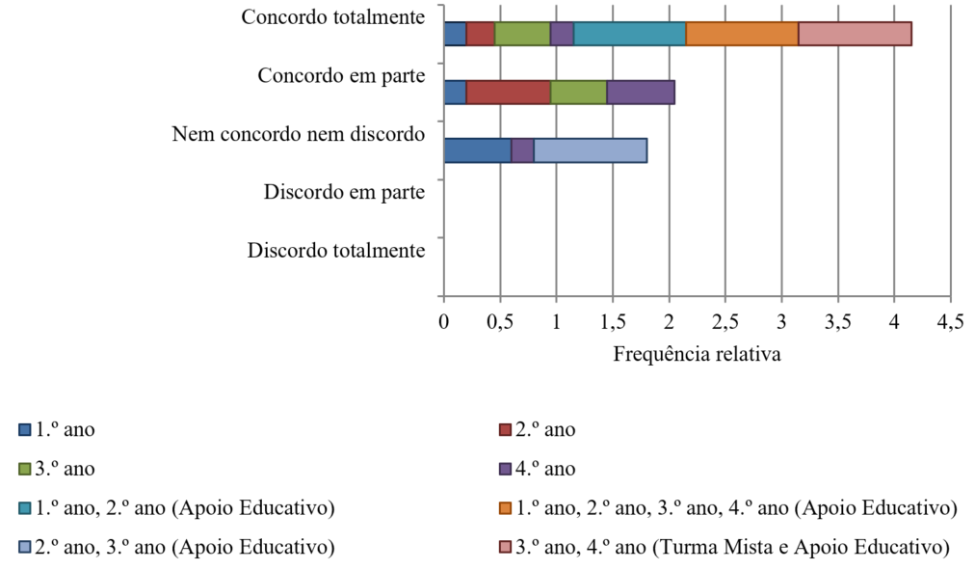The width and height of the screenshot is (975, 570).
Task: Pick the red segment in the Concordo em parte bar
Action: click(508, 93)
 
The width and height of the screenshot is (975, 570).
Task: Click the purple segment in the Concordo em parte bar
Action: click(641, 93)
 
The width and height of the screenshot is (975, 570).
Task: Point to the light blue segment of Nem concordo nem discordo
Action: click(590, 150)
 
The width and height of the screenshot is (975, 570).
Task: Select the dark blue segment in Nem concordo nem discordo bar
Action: click(477, 150)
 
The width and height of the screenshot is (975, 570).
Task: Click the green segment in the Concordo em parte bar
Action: click(578, 93)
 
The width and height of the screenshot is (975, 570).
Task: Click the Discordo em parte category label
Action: click(344, 192)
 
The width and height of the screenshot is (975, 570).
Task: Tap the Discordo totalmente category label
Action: click(336, 251)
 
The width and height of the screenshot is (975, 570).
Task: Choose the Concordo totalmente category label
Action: click(333, 17)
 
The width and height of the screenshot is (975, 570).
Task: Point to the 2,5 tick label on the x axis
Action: click(725, 321)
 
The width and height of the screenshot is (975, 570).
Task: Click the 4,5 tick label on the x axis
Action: click(950, 321)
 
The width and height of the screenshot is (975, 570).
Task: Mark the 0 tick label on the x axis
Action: click(443, 321)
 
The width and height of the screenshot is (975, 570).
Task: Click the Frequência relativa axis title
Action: click(697, 354)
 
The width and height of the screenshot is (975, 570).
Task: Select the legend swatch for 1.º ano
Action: click(24, 430)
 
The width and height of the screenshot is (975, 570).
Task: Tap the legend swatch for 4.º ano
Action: click(506, 470)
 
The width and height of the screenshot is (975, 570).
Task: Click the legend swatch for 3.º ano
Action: click(24, 470)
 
